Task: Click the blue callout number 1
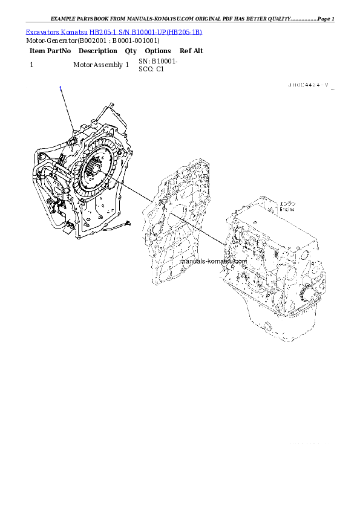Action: click(61, 89)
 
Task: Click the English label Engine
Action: click(287, 209)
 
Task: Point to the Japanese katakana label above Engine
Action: click(287, 203)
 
